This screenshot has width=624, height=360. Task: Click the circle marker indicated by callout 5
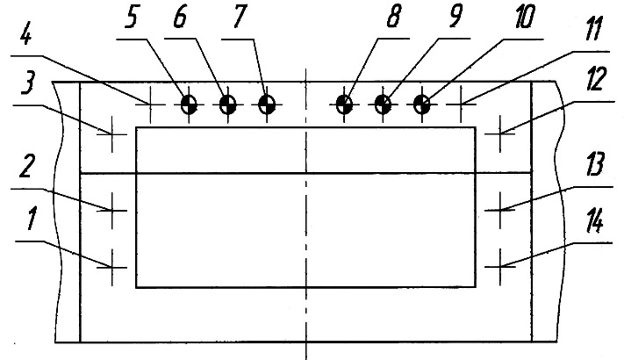pyautogui.click(x=188, y=105)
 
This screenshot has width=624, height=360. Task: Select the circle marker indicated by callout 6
pyautogui.click(x=227, y=105)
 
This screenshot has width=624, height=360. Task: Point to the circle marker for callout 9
pyautogui.click(x=384, y=105)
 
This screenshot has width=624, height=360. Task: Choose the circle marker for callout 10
pyautogui.click(x=422, y=105)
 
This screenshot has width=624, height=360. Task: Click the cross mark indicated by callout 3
pyautogui.click(x=113, y=134)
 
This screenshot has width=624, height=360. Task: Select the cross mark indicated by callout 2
pyautogui.click(x=113, y=209)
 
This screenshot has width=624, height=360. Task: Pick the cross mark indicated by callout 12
pyautogui.click(x=499, y=134)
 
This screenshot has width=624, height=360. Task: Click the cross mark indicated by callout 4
pyautogui.click(x=151, y=105)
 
